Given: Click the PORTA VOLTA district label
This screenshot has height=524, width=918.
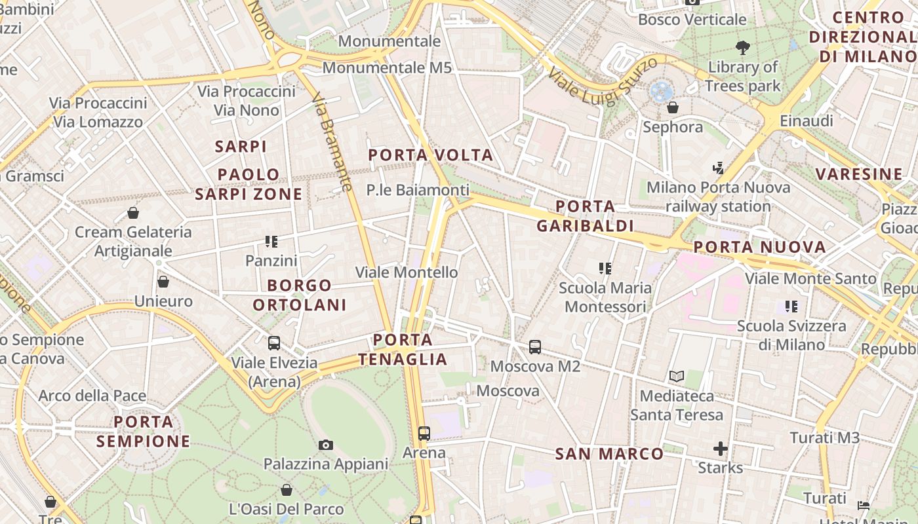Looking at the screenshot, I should (430, 155).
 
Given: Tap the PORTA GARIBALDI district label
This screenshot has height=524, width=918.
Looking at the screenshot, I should (585, 216).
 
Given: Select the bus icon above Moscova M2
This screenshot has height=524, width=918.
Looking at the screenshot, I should (535, 347).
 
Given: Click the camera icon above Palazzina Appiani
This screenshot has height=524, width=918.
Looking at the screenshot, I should (326, 445).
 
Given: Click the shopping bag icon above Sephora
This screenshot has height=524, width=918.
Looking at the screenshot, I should (673, 107).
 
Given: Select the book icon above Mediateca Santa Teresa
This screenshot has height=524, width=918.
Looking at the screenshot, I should (677, 377).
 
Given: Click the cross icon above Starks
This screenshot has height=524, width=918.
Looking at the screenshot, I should (720, 449).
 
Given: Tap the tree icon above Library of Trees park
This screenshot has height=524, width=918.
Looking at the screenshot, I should (743, 47).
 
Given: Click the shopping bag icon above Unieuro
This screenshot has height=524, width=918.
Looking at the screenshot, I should (163, 282).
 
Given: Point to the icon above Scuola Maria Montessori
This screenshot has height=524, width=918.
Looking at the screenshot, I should (605, 269).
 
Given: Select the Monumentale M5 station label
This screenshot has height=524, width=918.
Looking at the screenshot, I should (387, 67).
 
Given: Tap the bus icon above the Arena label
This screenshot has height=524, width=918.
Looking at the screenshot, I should (424, 433).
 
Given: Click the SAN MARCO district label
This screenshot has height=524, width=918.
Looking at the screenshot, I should (609, 453).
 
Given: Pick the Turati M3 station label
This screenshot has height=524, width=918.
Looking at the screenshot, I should (824, 438).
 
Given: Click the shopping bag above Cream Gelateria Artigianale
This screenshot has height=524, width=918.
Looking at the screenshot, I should (133, 213).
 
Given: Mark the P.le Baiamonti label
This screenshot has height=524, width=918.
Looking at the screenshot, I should (418, 190).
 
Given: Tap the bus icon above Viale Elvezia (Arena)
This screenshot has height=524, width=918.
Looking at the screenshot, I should (274, 343).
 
